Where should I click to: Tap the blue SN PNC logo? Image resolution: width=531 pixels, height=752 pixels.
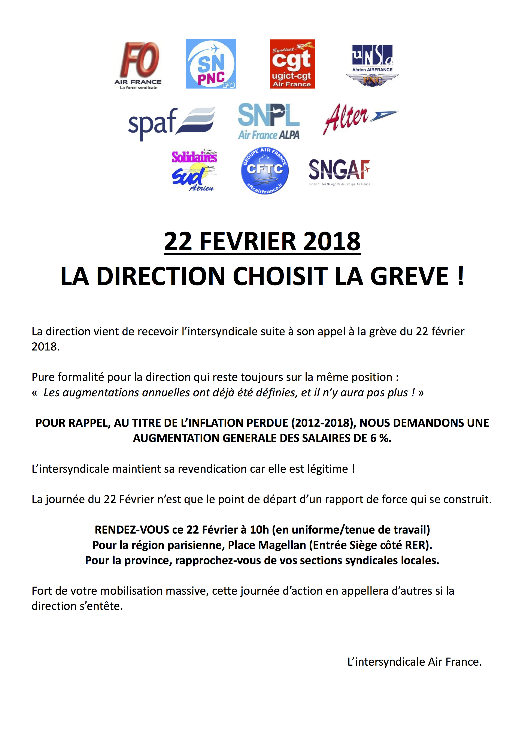tap(211, 64)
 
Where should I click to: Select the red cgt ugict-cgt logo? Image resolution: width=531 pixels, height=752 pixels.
tap(292, 64)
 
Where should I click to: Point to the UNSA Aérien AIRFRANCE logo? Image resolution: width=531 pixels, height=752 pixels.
tap(372, 66)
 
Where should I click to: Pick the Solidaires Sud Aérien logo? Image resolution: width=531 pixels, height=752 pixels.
tap(194, 170)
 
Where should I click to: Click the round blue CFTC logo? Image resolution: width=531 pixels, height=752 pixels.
tap(265, 170)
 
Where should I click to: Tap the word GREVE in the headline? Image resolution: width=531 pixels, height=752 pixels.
tap(409, 276)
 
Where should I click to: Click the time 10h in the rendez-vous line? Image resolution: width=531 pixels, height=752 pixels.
tap(259, 530)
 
